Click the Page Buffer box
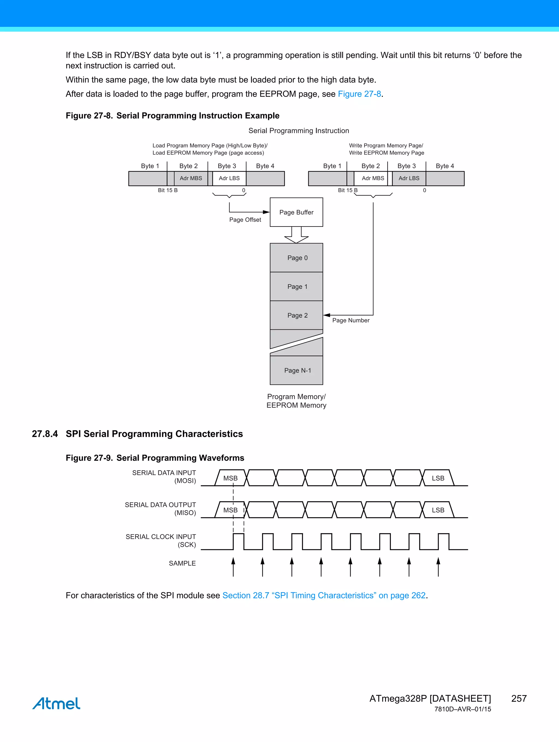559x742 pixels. pos(296,212)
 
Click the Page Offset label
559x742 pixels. pos(245,220)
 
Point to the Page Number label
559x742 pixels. pos(351,320)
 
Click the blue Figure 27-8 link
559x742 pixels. pos(359,94)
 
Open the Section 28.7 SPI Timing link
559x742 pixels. pos(324,595)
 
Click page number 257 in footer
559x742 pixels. pos(519,698)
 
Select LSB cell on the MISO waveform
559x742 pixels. pos(438,510)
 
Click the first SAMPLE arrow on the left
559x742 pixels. pos(233,567)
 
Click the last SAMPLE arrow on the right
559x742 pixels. pos(438,567)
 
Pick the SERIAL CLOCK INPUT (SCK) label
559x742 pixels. pos(161,540)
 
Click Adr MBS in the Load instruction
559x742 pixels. pos(191,178)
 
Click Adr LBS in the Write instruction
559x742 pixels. pos(409,178)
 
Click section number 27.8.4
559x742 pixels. pos(44,434)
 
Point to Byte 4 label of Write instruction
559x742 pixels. pos(445,166)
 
